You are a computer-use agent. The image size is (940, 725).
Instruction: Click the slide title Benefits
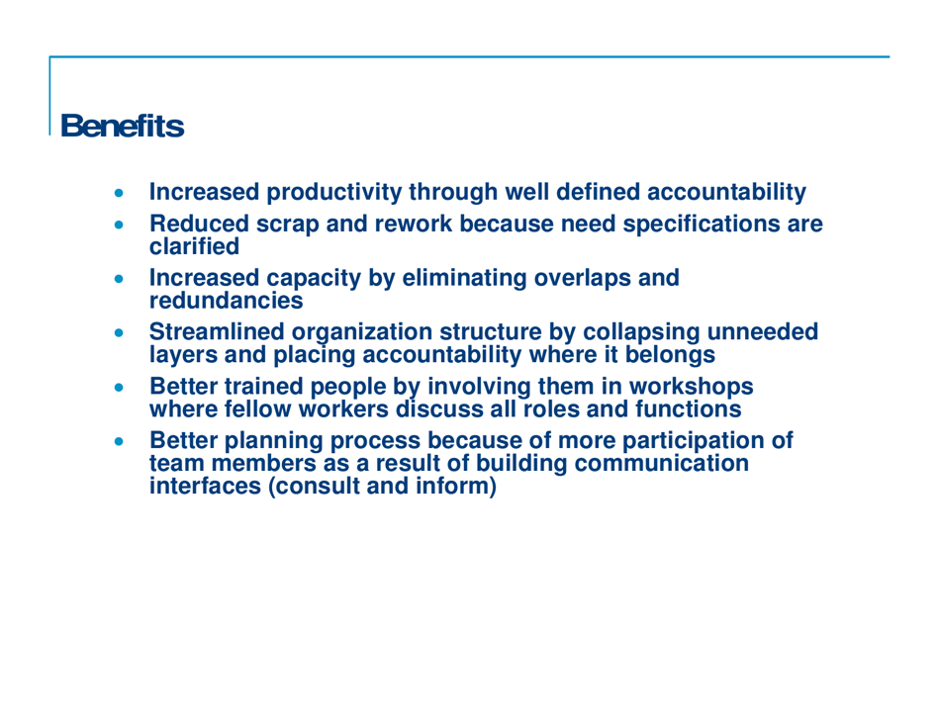coord(122,127)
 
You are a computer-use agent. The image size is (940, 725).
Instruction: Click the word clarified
coord(194,243)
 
